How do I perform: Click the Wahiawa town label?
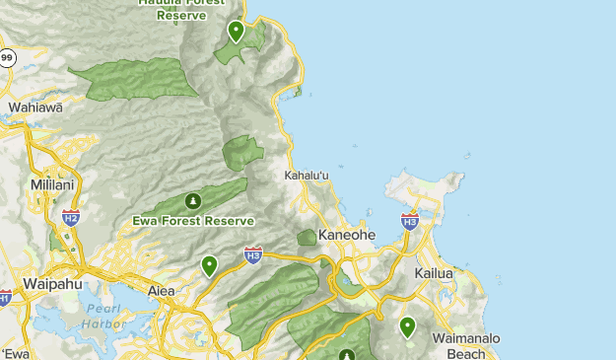[x=34, y=108]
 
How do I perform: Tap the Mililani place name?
[x=33, y=184]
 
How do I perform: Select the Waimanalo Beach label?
[x=466, y=345]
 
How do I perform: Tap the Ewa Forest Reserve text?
[x=193, y=221]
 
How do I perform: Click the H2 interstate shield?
[x=70, y=217]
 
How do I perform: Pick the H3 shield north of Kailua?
[x=410, y=221]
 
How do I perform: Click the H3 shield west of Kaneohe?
[x=253, y=255]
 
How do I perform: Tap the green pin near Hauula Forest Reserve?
[x=236, y=32]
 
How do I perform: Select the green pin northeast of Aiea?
[x=209, y=265]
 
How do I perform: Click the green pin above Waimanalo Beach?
[x=407, y=326]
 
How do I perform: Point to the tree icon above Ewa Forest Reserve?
[x=193, y=201]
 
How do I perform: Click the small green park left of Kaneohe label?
[x=307, y=238]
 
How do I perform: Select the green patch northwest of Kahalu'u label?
[x=242, y=153]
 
